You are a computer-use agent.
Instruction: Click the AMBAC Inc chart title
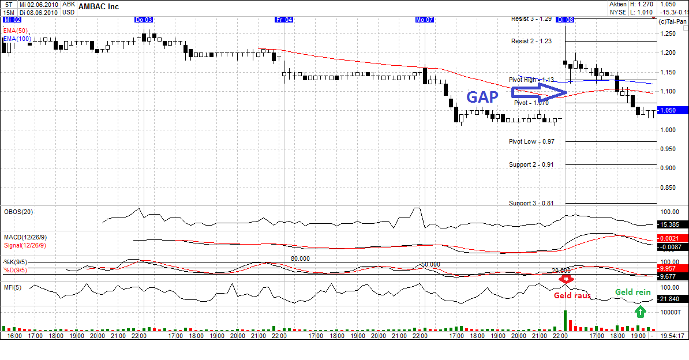point(99,6)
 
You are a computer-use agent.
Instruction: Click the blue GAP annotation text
point(482,96)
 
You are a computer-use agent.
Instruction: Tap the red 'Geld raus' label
point(572,295)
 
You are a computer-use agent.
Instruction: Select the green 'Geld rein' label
point(632,292)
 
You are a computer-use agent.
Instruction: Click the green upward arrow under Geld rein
point(639,312)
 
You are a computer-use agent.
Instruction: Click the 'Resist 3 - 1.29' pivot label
point(531,19)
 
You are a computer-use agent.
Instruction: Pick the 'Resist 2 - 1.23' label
point(531,41)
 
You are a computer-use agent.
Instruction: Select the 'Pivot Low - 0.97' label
point(531,141)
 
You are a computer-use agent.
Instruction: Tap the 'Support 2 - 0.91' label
point(531,164)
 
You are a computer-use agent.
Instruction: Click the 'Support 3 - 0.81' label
point(531,203)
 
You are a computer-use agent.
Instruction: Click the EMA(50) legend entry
point(15,30)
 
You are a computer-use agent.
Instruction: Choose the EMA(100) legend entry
point(17,38)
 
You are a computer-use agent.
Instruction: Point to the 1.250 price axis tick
point(669,33)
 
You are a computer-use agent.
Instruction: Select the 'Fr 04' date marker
point(284,20)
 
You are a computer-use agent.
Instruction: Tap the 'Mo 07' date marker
point(424,20)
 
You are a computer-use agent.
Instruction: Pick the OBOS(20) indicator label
point(18,212)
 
